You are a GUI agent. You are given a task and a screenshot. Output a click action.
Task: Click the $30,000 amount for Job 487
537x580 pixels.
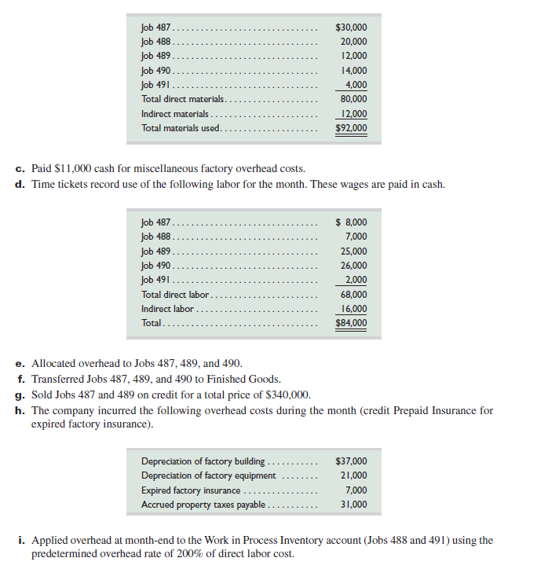[351, 28]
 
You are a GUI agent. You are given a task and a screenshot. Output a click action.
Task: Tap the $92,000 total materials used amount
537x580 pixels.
[351, 128]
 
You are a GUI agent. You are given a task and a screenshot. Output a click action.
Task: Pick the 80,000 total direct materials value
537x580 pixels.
[353, 99]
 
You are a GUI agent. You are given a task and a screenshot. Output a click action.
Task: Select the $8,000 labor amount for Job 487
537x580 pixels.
[351, 222]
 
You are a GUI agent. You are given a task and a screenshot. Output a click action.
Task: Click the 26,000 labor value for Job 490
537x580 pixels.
[353, 266]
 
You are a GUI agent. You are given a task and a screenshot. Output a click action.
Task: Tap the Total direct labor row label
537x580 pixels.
[175, 295]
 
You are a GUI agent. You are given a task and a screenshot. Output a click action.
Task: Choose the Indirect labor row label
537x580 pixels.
[167, 309]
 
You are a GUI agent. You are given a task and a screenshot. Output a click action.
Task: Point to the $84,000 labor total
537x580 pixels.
[351, 323]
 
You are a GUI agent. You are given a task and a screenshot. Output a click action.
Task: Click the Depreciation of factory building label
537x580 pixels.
[203, 461]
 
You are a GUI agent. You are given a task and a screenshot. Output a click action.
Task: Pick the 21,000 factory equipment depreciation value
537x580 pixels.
[353, 475]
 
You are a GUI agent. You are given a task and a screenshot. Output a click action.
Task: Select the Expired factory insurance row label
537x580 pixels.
[191, 490]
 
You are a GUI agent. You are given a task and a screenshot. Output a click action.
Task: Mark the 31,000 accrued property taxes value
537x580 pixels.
[353, 505]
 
